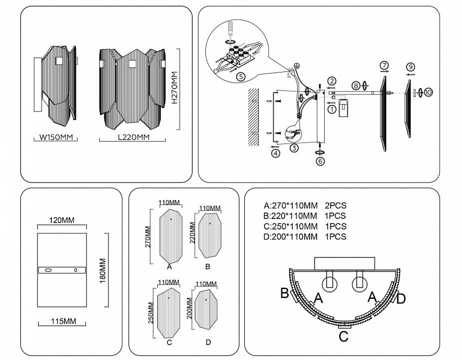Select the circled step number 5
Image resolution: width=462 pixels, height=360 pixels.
coord(240,76)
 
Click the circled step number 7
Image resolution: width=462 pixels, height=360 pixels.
coord(384,65)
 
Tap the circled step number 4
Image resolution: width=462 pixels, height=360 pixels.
coord(276,153)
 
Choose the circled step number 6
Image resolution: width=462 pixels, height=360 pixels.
coord(320,161)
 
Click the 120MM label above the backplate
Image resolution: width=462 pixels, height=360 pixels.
coord(62,220)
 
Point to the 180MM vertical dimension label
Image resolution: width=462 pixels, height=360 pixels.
coord(102,270)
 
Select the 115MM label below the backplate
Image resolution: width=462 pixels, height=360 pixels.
coord(62,321)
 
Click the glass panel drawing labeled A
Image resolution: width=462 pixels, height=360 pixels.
coord(170,237)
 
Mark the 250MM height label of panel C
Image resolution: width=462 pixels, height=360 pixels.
coord(151,312)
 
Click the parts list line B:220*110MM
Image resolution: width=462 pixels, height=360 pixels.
coord(290,216)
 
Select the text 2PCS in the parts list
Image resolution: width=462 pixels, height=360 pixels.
coord(336,205)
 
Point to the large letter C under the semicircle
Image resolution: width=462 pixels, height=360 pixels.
coord(343,336)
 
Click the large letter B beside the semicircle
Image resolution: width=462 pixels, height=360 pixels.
coord(284,293)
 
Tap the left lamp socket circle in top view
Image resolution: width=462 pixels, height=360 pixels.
coord(329,283)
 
